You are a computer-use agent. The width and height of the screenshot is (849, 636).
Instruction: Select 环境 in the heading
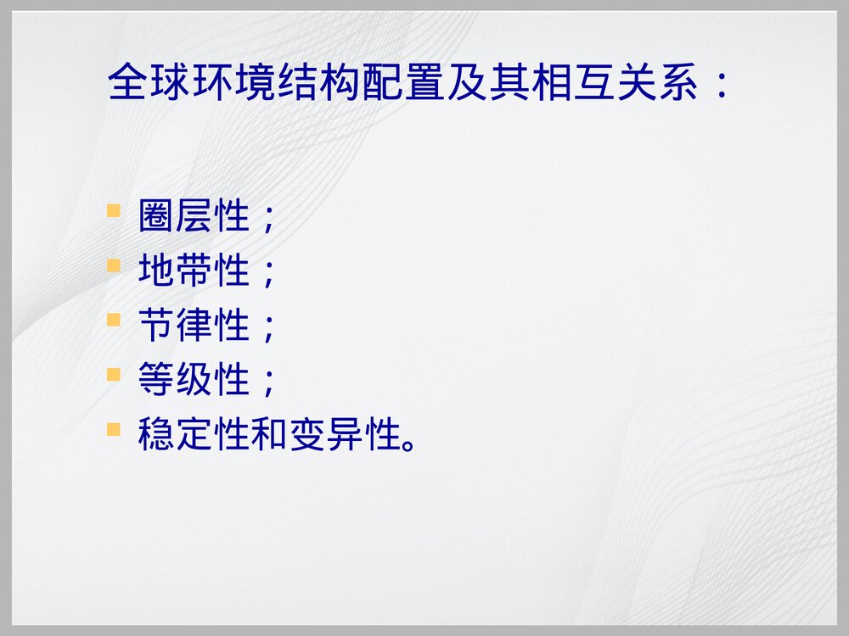point(234,84)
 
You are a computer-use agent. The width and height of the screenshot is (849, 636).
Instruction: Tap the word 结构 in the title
point(319,84)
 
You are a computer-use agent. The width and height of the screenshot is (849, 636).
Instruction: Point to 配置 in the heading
point(404,84)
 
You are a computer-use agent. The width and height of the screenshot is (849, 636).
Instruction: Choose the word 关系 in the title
point(658,84)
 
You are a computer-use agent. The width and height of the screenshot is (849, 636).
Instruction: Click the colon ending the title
point(720,84)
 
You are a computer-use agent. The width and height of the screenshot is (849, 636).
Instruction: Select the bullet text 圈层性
point(194,218)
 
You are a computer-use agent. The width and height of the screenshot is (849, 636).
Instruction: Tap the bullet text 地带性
point(194,272)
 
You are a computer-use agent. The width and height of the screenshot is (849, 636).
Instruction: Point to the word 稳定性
point(194,436)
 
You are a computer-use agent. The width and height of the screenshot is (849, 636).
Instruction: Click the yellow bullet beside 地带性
point(114,266)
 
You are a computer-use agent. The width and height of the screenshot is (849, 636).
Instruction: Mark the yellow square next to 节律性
point(114,321)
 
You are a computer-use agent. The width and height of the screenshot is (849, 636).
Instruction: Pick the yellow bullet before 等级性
point(114,375)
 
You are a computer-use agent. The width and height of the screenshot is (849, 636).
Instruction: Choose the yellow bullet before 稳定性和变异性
point(114,430)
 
